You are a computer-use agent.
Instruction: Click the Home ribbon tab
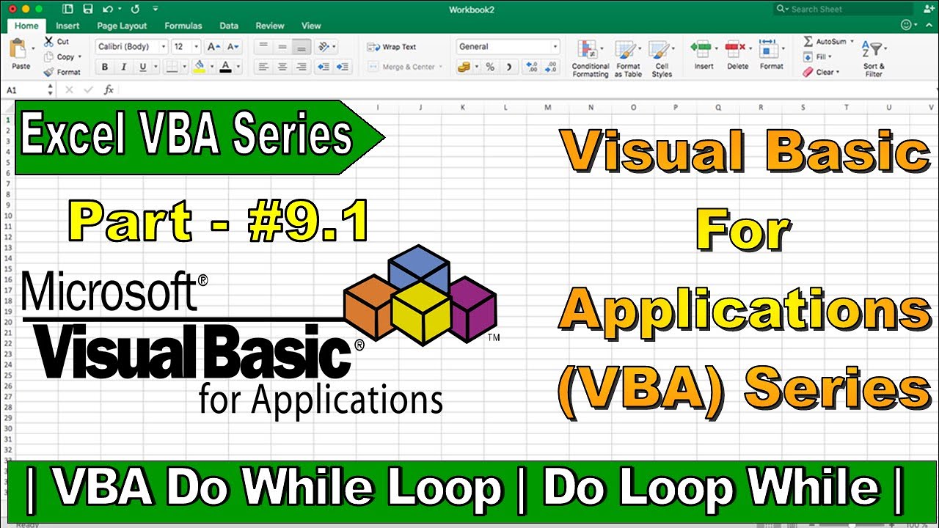tap(26, 26)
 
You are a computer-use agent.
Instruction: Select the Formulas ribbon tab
tap(183, 26)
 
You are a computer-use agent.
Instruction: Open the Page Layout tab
tap(122, 26)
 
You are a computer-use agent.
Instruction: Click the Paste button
tap(21, 54)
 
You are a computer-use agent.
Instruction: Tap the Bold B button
tap(105, 67)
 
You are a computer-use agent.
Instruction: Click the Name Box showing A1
tap(26, 89)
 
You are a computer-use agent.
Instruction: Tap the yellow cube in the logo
tap(420, 313)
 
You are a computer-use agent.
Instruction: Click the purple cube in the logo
tap(474, 308)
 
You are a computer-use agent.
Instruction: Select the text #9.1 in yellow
tap(309, 222)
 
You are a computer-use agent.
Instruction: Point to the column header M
tap(548, 108)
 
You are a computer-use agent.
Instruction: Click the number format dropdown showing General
tap(507, 47)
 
